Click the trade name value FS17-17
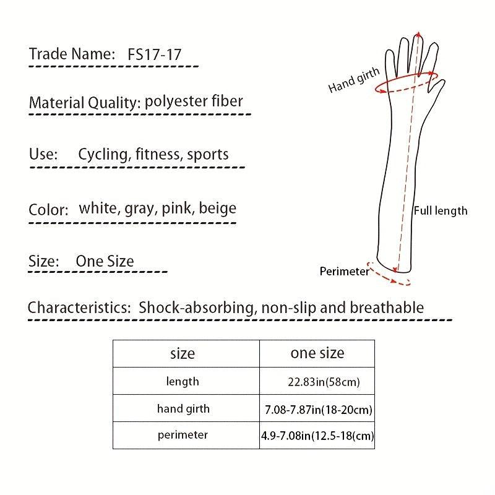[154, 54]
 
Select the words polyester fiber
[194, 101]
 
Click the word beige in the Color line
[218, 209]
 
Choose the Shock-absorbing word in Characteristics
[196, 308]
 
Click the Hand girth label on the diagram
[353, 80]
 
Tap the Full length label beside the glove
[441, 211]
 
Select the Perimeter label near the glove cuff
[345, 272]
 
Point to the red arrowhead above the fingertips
[418, 34]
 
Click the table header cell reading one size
[317, 353]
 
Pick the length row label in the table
[183, 381]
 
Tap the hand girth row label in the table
[183, 409]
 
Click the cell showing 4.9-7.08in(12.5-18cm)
[317, 436]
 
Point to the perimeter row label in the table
[183, 436]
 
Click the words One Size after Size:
[105, 261]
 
